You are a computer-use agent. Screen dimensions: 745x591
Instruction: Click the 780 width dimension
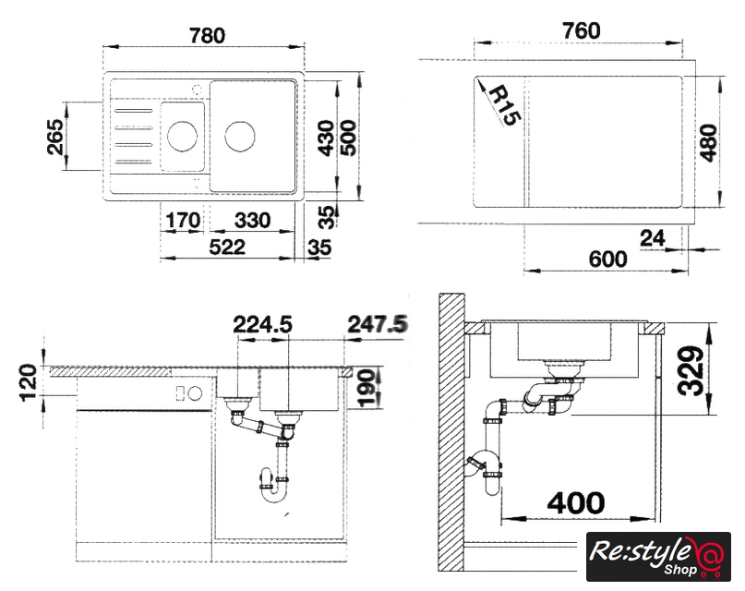pos(207,36)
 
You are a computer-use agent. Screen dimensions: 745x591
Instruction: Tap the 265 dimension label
pos(55,137)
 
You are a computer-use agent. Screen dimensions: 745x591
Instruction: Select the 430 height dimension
pos(327,138)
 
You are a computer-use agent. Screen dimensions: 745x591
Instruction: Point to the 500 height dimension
pos(348,138)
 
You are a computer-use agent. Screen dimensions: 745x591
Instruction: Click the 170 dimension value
pos(183,221)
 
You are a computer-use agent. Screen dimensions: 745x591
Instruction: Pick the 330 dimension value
pos(252,221)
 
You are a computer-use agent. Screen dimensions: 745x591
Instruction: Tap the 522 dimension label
pos(228,247)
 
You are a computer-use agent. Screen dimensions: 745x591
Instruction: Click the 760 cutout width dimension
pos(582,30)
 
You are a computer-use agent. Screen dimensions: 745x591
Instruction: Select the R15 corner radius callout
pos(504,105)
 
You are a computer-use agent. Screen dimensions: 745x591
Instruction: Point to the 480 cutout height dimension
pos(708,142)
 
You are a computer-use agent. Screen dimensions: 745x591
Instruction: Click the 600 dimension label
pos(607,259)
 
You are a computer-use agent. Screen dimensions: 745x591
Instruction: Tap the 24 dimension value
pos(653,237)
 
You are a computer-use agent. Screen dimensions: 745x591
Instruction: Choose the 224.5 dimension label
pos(262,324)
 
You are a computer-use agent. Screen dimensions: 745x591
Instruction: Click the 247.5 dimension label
pos(378,324)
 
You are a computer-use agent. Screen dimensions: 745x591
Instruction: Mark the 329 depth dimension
pos(691,371)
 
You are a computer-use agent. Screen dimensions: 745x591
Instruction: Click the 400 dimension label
pos(576,502)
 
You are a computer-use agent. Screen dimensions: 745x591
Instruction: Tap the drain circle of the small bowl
pos(183,137)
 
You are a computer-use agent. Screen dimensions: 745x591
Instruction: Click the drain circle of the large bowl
pos(239,137)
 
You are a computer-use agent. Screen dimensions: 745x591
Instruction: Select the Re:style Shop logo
pos(658,556)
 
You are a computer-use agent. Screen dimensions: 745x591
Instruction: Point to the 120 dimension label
pos(28,382)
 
